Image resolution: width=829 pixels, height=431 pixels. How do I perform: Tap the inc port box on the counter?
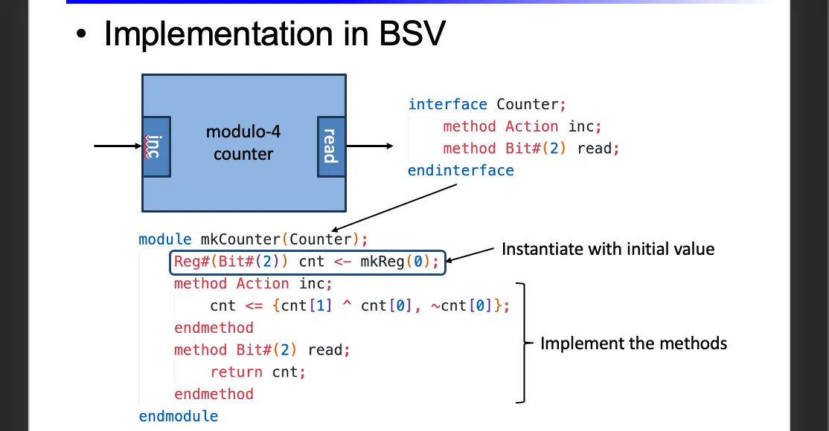(156, 146)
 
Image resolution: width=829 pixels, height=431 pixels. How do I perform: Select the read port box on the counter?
(330, 146)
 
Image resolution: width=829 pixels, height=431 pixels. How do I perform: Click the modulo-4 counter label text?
(243, 143)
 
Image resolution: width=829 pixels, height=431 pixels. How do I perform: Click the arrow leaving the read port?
(370, 146)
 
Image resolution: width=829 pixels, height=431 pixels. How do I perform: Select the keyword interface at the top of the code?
(447, 105)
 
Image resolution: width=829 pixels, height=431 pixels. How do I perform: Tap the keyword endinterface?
(461, 171)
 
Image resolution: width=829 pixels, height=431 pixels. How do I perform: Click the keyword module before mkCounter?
(165, 239)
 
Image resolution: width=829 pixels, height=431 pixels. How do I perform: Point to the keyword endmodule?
(179, 416)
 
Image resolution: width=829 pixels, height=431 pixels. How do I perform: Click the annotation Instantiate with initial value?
(607, 249)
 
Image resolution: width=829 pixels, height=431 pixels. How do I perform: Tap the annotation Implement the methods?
(633, 343)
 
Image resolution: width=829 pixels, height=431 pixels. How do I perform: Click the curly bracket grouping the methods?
(524, 343)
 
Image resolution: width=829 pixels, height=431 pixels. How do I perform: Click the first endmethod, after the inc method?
(214, 328)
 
